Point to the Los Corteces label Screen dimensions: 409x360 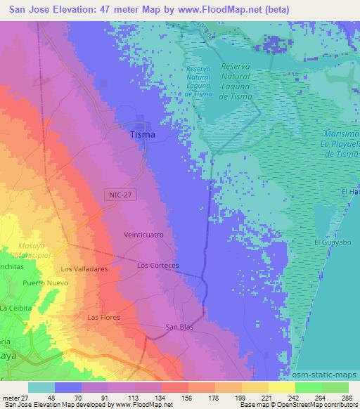coord(158,266)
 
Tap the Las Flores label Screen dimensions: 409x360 coord(103,318)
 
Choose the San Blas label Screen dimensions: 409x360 coord(179,327)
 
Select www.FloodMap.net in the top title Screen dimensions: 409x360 coord(220,10)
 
